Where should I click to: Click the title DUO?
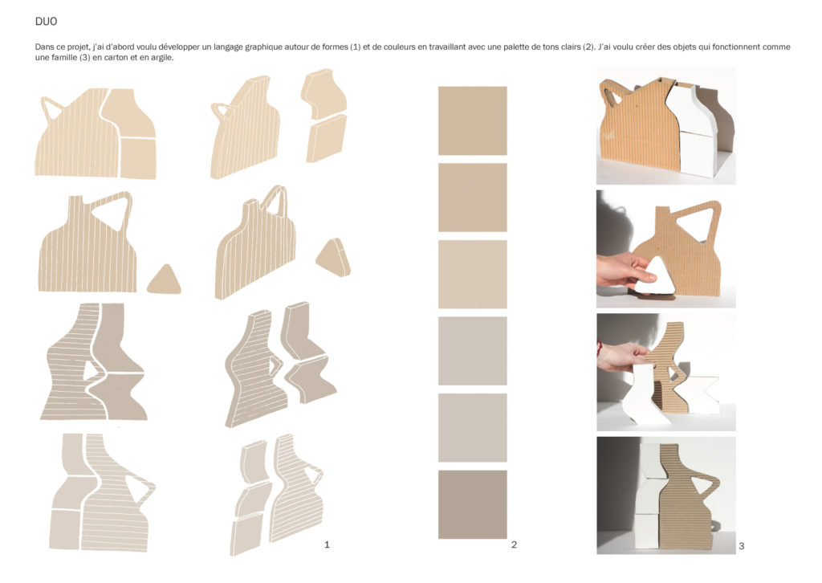[46, 22]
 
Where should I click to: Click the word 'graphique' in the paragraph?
[263, 47]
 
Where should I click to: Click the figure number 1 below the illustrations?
[327, 544]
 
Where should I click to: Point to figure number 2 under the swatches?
[514, 544]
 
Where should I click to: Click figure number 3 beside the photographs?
[741, 546]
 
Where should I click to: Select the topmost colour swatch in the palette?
[472, 120]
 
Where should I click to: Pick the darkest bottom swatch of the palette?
[472, 504]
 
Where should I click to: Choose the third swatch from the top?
[472, 274]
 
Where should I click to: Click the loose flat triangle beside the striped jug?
[164, 281]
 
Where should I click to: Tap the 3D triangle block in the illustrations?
[333, 258]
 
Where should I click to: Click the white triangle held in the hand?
[656, 277]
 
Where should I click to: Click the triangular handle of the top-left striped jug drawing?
[51, 109]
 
